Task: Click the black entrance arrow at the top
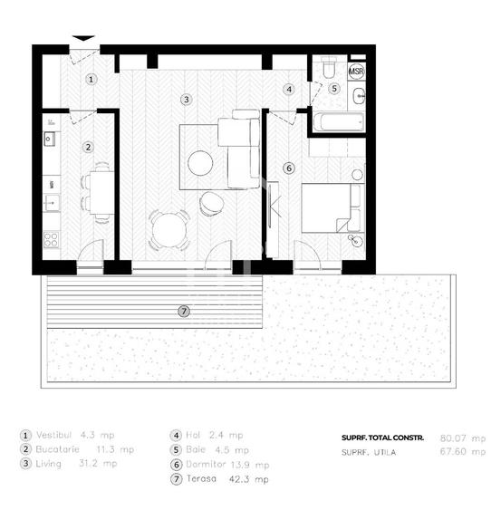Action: (x=83, y=39)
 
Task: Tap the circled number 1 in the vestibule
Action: (x=91, y=80)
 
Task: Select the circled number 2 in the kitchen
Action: (x=88, y=146)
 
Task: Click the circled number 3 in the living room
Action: (x=185, y=99)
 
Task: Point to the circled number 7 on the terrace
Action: (x=184, y=311)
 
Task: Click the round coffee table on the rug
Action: (x=200, y=163)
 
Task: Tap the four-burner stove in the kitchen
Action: (x=51, y=240)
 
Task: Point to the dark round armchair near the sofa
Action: (x=212, y=204)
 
